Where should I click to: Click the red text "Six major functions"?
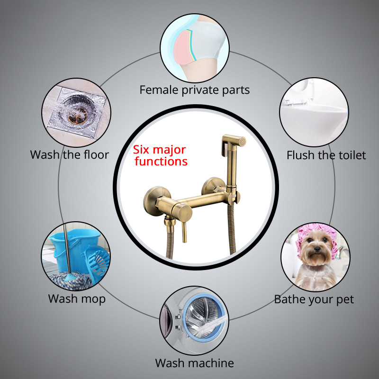click(x=160, y=155)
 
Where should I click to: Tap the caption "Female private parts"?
click(x=195, y=90)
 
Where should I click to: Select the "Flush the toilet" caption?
click(x=326, y=155)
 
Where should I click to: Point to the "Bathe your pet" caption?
click(x=314, y=299)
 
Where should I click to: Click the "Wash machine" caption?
click(x=194, y=363)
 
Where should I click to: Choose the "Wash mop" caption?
click(x=77, y=299)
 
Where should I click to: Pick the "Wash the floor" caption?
click(x=70, y=155)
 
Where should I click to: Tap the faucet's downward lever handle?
click(x=184, y=232)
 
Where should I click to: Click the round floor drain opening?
click(x=77, y=112)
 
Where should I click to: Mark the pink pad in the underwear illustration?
click(x=184, y=47)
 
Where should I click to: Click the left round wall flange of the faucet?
click(x=157, y=200)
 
